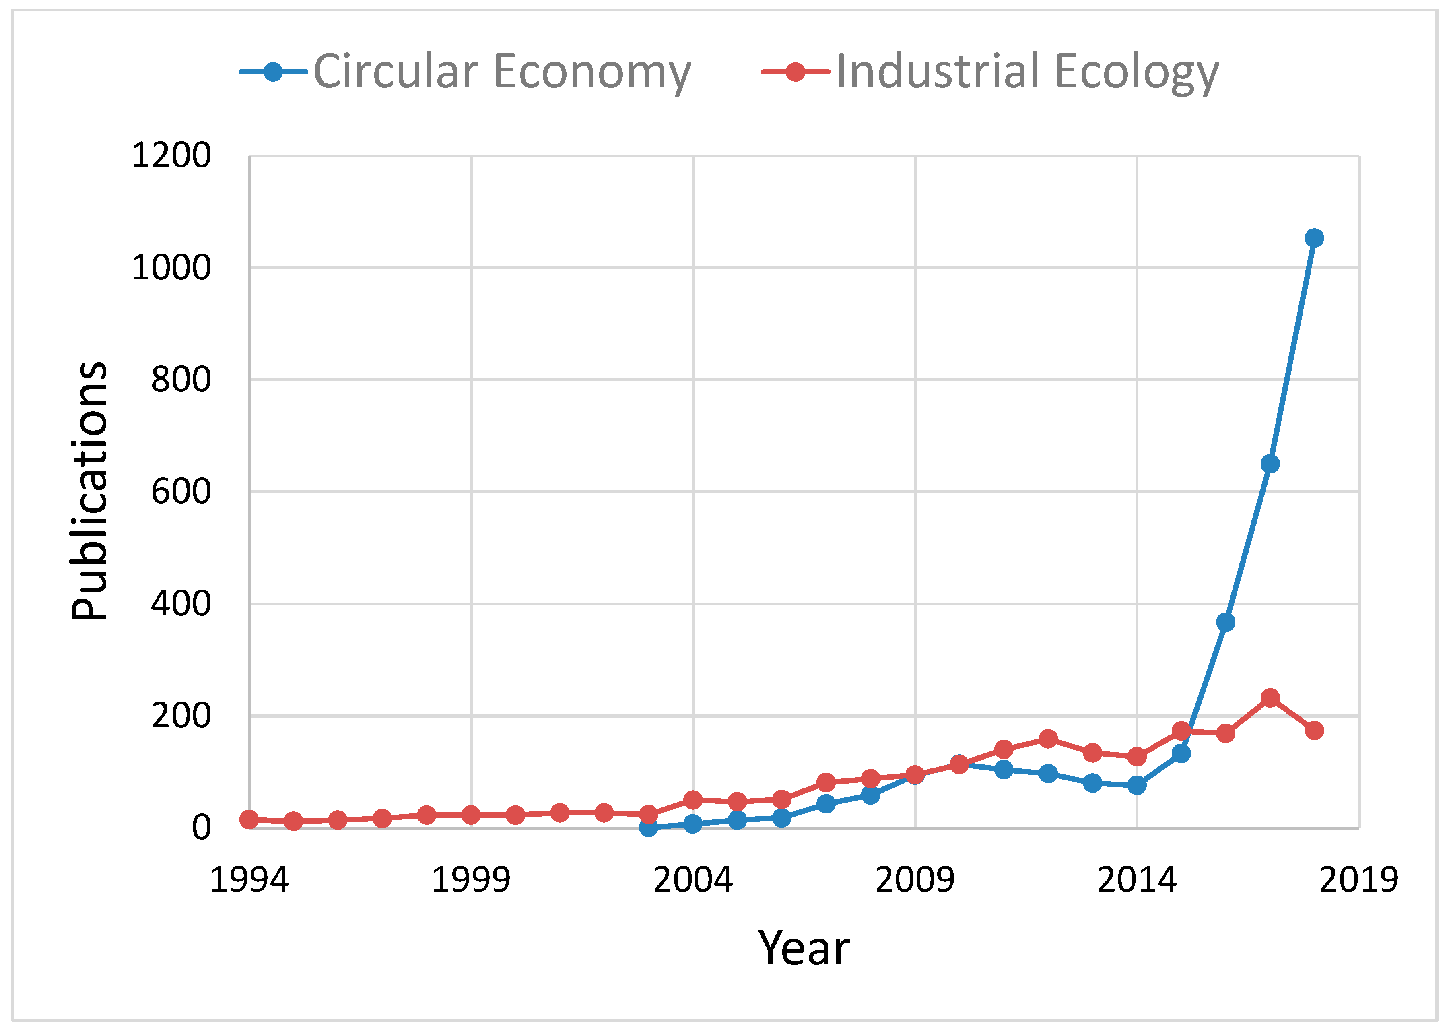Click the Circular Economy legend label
point(502,71)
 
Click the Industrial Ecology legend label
point(1027,71)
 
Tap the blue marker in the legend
point(273,72)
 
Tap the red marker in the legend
point(796,72)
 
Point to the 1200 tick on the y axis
point(171,156)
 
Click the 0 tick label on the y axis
point(201,828)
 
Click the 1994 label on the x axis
point(249,880)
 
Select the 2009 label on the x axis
point(915,880)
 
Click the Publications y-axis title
point(89,491)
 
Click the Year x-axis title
point(804,948)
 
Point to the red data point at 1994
point(249,820)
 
